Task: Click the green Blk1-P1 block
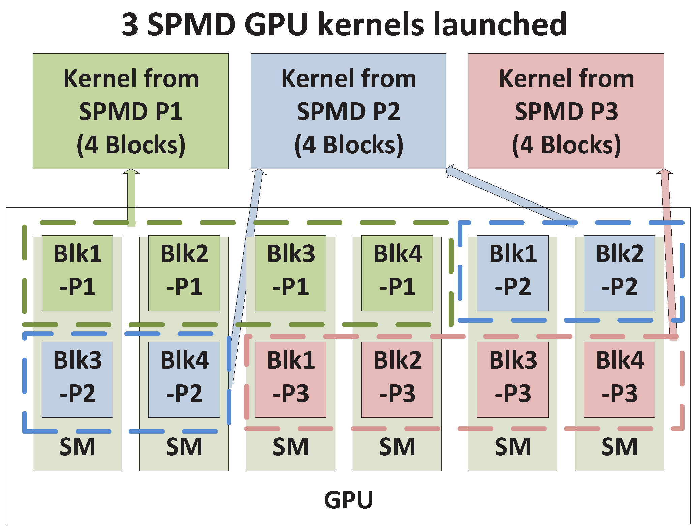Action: (x=77, y=273)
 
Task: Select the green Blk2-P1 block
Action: (x=184, y=273)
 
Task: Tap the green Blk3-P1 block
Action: (x=290, y=273)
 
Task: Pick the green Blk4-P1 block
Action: (x=397, y=273)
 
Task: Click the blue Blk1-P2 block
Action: (x=513, y=273)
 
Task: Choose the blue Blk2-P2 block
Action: (x=619, y=273)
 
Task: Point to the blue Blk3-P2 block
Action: (x=77, y=380)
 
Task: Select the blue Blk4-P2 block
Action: (x=184, y=380)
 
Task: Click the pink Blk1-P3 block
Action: (x=290, y=380)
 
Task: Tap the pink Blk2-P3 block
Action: (x=397, y=380)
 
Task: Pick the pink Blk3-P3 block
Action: (x=513, y=380)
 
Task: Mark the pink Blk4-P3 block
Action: (x=619, y=380)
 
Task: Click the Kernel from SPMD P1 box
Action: (x=130, y=111)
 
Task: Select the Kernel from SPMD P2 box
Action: (x=348, y=111)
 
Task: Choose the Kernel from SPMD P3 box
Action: (x=566, y=111)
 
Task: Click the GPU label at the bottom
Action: (x=348, y=500)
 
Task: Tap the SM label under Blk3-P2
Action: (x=77, y=447)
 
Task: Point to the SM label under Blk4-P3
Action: (x=619, y=447)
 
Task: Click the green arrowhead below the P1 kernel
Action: (x=131, y=172)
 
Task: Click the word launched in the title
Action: (x=500, y=24)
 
